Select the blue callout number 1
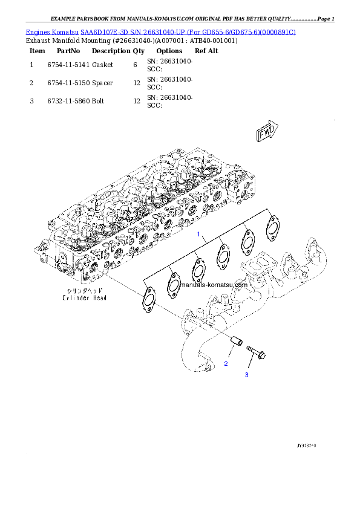[196, 233]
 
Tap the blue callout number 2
[226, 363]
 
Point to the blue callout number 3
[246, 375]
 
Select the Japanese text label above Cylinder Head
[79, 291]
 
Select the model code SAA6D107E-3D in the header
[103, 32]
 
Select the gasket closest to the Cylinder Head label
[147, 300]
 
